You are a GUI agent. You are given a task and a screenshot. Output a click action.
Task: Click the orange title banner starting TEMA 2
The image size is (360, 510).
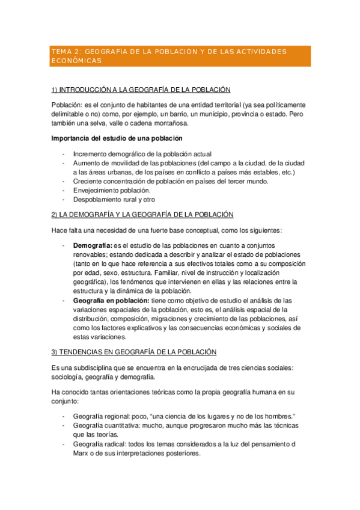pos(180,56)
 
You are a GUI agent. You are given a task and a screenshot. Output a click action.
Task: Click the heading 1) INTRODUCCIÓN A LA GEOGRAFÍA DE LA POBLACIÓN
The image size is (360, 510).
pos(141,90)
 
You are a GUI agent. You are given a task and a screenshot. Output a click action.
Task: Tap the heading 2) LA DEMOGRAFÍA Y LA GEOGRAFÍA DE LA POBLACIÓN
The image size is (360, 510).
pos(142,215)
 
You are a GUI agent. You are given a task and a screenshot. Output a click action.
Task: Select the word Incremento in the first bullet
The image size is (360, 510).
pos(91,154)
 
